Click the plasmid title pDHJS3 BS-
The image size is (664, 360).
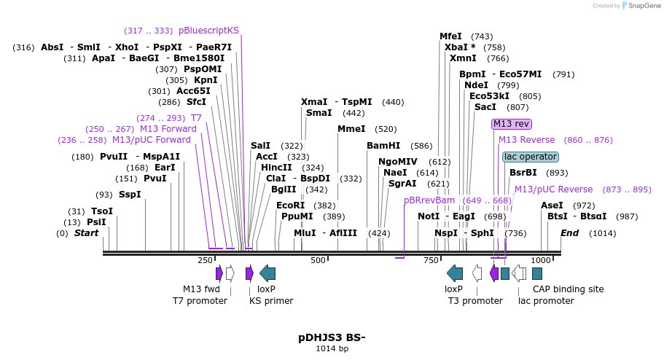point(332,337)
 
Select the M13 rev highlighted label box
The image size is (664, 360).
point(511,124)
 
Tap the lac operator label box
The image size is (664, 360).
point(530,157)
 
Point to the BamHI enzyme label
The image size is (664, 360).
point(383,146)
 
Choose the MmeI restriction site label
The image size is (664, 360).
point(351,129)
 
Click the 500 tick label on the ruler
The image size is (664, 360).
point(318,260)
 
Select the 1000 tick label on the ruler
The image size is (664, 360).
point(540,260)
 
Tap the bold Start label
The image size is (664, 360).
point(86,233)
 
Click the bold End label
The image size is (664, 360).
point(569,233)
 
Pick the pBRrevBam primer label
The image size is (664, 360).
point(429,200)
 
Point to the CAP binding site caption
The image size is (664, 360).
point(568,289)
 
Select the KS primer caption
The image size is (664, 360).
point(271,300)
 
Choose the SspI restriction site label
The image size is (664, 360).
point(129,195)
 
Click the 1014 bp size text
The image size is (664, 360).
point(332,349)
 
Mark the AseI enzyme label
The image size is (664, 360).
point(552,206)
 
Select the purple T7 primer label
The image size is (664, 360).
point(196,118)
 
